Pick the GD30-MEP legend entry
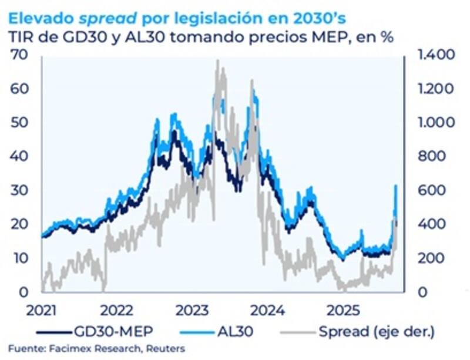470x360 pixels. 112,332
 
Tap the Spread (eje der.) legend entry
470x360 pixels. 376,332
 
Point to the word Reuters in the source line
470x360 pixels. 164,349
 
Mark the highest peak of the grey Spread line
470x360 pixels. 218,62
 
